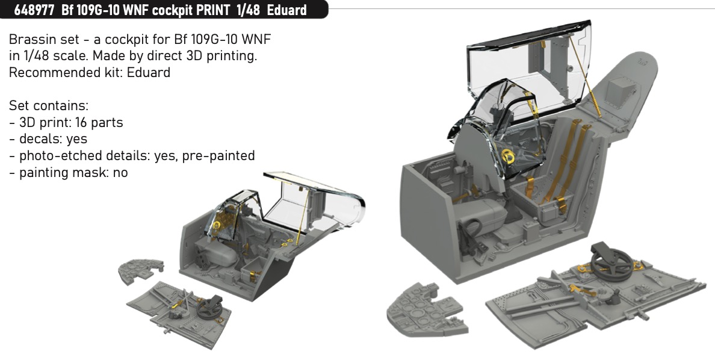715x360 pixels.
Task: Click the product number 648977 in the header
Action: coord(34,10)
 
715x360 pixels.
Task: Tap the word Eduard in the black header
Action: coord(287,10)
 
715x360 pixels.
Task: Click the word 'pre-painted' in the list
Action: coord(218,156)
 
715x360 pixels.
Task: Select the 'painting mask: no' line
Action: coord(69,172)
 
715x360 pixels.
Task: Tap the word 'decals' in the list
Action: coord(40,139)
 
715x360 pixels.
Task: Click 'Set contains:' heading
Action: coord(49,106)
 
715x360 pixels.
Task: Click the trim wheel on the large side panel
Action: coord(611,263)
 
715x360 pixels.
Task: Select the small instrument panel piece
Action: coord(140,270)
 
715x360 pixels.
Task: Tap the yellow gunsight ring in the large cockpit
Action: coord(508,157)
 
